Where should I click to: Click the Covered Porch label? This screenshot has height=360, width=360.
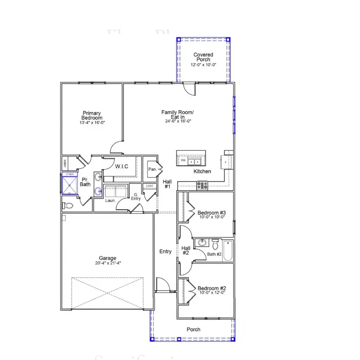[203, 57]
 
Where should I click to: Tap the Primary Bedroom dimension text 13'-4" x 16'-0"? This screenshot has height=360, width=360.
[92, 122]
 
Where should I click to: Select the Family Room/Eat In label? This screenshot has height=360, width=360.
[178, 115]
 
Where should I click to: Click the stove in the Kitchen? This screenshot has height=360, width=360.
[201, 184]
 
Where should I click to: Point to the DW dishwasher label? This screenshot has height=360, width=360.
[183, 161]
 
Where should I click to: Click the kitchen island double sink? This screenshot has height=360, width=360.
[194, 161]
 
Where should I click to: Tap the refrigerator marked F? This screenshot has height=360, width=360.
[226, 161]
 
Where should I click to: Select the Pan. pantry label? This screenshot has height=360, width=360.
[152, 170]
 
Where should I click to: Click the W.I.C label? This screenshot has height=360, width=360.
[122, 166]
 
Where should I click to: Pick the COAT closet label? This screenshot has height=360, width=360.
[149, 186]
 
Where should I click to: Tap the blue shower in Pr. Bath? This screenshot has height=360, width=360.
[69, 184]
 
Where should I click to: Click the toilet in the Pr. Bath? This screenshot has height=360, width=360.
[67, 206]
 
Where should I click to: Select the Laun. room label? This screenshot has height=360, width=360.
[111, 200]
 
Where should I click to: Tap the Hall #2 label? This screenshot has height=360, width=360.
[185, 250]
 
